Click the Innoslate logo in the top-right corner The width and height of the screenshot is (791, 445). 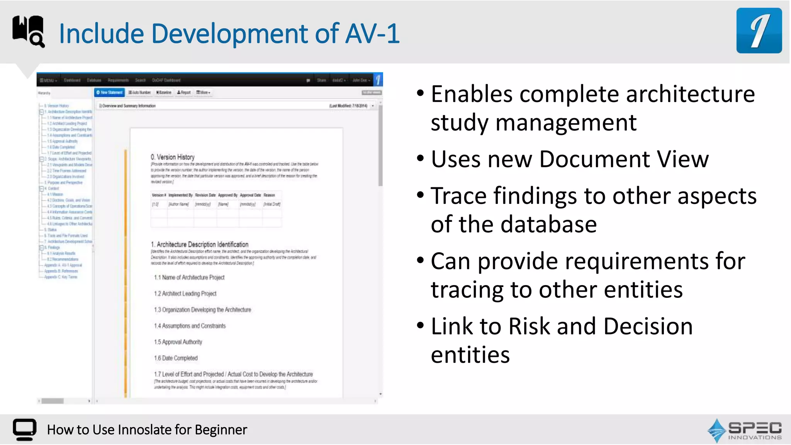click(x=759, y=31)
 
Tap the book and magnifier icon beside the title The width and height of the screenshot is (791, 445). click(x=29, y=31)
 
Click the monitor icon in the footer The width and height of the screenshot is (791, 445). click(x=24, y=429)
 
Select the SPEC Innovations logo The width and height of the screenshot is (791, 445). click(x=745, y=430)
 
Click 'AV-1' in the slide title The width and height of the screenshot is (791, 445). click(x=372, y=34)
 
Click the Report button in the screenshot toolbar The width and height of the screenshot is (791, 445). click(x=184, y=93)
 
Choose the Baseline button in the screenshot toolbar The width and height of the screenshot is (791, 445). click(x=164, y=93)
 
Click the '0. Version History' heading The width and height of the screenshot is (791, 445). click(x=173, y=157)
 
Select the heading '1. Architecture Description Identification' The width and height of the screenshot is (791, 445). click(x=199, y=245)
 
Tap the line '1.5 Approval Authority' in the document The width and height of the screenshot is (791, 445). click(x=178, y=342)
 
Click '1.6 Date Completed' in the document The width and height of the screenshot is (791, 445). click(x=176, y=358)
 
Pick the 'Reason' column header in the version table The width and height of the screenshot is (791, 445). click(x=269, y=195)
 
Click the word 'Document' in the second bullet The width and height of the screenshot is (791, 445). click(x=595, y=159)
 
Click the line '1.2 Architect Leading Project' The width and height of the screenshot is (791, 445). click(x=185, y=294)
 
